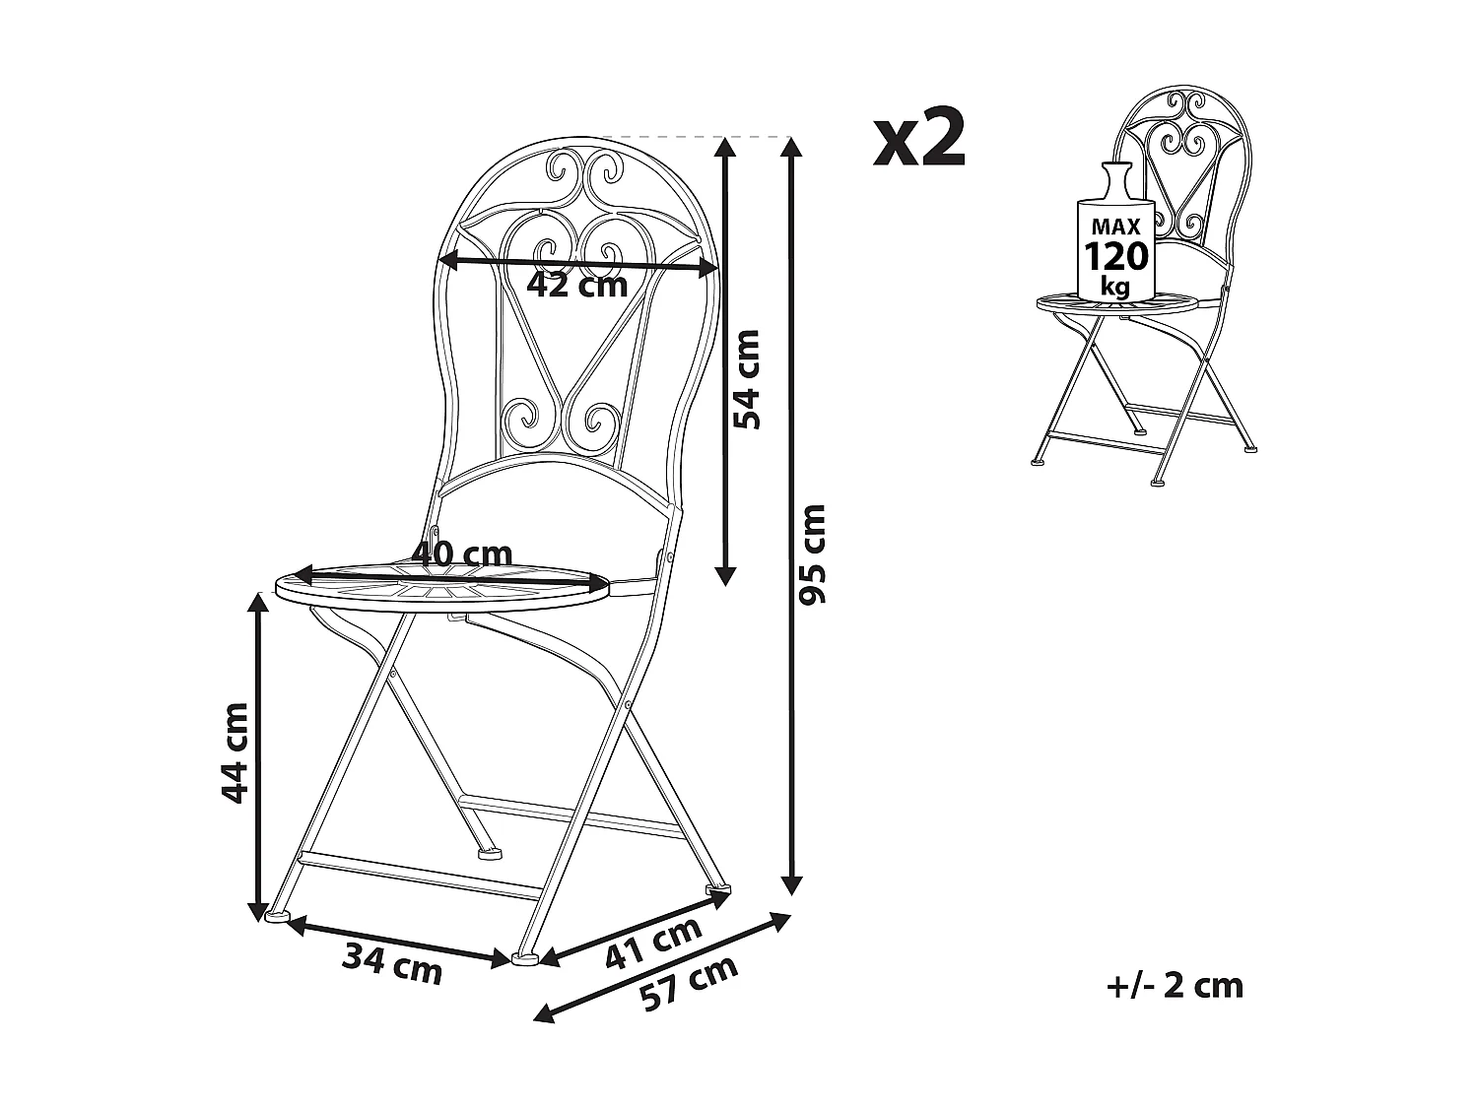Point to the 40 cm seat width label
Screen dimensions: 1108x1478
tap(463, 554)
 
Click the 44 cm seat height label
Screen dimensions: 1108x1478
tap(235, 753)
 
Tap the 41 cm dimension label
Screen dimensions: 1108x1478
tap(653, 942)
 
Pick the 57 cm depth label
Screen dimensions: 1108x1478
tap(689, 983)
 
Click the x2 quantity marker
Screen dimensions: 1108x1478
tap(918, 139)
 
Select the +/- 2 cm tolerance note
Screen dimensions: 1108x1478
tap(1175, 986)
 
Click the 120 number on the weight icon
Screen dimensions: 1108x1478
tap(1116, 256)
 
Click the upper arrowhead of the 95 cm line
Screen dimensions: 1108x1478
tap(790, 148)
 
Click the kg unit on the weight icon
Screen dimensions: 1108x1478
tap(1115, 286)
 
